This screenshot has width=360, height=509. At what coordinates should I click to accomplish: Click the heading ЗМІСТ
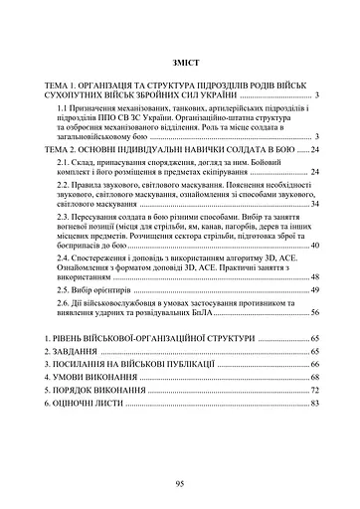(x=180, y=63)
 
